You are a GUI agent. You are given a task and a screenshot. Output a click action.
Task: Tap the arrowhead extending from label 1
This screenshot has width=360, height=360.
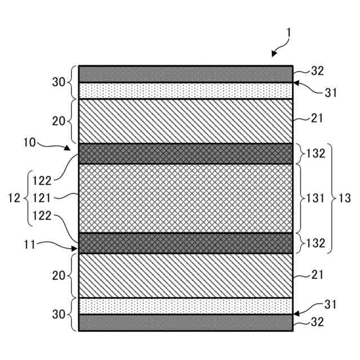coord(274,55)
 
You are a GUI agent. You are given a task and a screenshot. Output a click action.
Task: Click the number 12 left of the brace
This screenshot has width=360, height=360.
coord(15,198)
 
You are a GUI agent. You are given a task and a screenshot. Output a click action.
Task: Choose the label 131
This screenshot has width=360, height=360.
coord(315,198)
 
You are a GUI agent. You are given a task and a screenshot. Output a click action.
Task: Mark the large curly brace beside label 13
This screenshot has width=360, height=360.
coord(331,198)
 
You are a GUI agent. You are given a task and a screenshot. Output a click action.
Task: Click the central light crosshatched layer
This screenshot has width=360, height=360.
coord(186,198)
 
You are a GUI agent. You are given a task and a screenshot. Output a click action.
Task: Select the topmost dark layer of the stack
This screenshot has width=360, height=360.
coord(186,74)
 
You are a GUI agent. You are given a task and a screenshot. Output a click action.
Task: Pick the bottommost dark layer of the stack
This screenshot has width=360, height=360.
coord(186,322)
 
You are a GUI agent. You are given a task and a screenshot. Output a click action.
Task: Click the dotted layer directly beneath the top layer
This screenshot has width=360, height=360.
coord(186,91)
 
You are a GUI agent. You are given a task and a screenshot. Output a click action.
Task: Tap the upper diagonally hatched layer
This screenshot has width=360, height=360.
coord(186,121)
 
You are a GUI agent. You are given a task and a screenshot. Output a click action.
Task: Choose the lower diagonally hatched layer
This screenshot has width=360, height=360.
coord(186,276)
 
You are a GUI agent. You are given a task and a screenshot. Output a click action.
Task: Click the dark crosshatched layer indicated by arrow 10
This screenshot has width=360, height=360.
coord(186,153)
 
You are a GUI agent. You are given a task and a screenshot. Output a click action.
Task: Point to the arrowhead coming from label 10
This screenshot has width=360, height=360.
coord(70,149)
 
